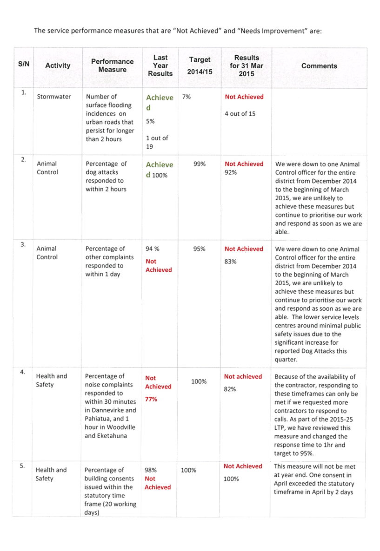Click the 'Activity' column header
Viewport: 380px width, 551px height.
click(x=58, y=66)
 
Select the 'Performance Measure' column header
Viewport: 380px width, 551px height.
click(x=112, y=66)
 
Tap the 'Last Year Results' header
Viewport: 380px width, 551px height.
click(x=160, y=66)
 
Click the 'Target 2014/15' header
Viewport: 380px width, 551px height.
click(x=200, y=66)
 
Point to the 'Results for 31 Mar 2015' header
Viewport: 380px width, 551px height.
click(x=247, y=66)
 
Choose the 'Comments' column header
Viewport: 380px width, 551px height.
click(x=319, y=66)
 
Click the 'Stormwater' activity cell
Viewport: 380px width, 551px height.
click(x=54, y=97)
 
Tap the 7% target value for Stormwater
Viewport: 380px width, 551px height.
click(x=187, y=97)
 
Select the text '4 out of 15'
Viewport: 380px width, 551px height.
click(x=240, y=114)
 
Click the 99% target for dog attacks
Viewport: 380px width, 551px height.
click(x=200, y=164)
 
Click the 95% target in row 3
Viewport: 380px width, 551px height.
click(x=200, y=249)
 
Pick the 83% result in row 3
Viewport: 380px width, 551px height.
click(x=230, y=262)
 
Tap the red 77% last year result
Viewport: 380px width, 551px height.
click(x=151, y=399)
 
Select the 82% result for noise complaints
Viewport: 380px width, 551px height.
click(x=229, y=389)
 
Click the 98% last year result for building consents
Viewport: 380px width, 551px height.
click(x=150, y=470)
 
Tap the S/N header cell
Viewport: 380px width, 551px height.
click(x=24, y=64)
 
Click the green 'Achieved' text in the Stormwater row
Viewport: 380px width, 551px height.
click(x=160, y=102)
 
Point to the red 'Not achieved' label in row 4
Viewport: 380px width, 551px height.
click(x=243, y=376)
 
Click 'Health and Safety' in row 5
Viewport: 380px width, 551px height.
click(x=51, y=474)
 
